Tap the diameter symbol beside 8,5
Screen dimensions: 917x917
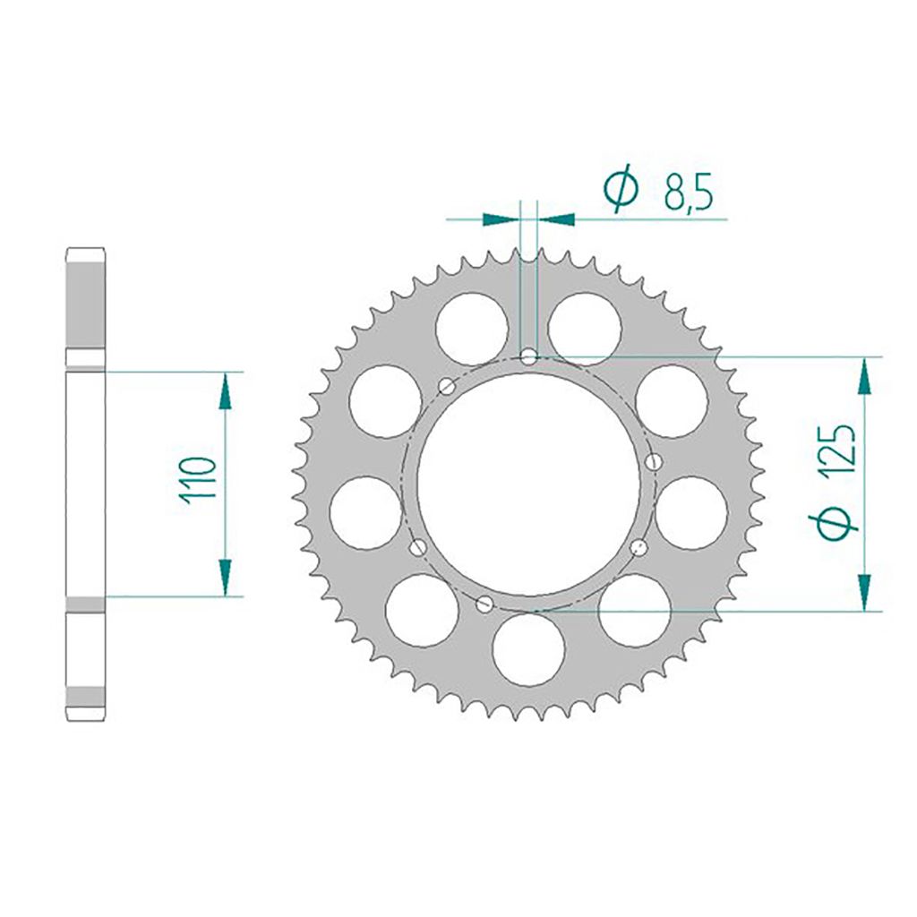click(x=621, y=189)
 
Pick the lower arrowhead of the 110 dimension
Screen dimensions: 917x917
click(x=224, y=577)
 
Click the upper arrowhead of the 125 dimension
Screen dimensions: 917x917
click(x=864, y=376)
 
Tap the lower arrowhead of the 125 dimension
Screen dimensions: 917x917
click(x=864, y=592)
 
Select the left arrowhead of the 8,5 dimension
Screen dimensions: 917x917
click(x=501, y=218)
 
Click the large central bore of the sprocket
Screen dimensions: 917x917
click(x=528, y=484)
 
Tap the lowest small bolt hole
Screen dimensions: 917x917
click(x=484, y=604)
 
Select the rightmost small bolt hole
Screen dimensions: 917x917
click(x=653, y=461)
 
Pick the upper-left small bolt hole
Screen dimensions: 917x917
click(x=446, y=386)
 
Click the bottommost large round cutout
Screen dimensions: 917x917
click(x=528, y=649)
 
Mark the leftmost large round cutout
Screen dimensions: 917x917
click(x=365, y=514)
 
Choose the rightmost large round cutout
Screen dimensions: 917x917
click(x=691, y=513)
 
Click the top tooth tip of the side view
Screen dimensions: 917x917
click(x=85, y=250)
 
